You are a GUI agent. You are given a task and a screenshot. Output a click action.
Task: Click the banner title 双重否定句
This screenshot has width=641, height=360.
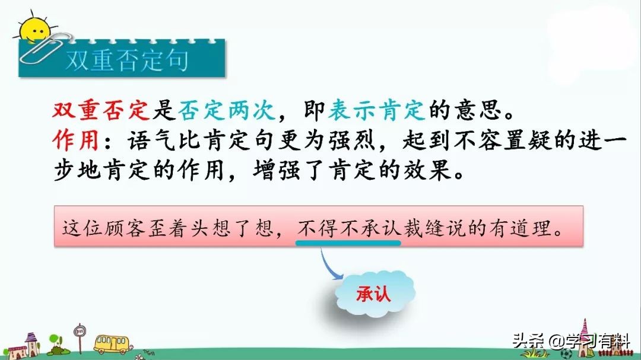pyautogui.click(x=127, y=61)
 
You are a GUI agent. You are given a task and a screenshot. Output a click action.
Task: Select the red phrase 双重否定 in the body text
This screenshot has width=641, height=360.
pyautogui.click(x=101, y=110)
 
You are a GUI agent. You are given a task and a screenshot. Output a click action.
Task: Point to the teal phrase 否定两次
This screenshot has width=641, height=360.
pyautogui.click(x=227, y=110)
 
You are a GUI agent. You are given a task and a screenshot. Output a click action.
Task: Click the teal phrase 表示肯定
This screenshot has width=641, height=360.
pyautogui.click(x=376, y=110)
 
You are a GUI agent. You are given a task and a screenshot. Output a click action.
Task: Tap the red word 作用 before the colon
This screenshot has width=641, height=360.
pyautogui.click(x=75, y=140)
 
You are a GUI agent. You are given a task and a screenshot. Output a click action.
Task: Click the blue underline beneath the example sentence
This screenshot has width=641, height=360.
pyautogui.click(x=348, y=243)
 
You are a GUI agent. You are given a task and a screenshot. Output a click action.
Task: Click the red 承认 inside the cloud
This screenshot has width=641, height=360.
pyautogui.click(x=373, y=294)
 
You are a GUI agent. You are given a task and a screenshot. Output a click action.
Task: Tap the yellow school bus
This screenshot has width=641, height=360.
pyautogui.click(x=111, y=344)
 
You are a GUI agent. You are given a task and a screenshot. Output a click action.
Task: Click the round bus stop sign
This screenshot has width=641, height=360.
pyautogui.click(x=80, y=330)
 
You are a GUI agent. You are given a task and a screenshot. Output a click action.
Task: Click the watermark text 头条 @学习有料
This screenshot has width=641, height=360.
pyautogui.click(x=571, y=340)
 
